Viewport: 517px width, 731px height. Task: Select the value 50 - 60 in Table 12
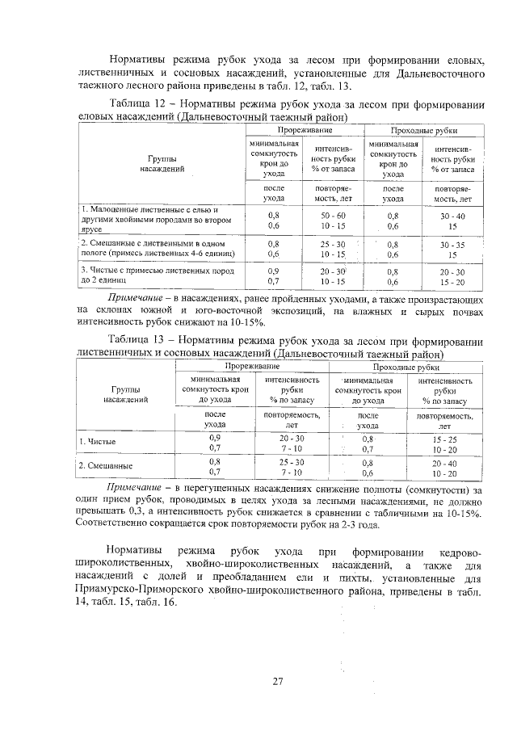(332, 216)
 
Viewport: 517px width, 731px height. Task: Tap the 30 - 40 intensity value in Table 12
(452, 216)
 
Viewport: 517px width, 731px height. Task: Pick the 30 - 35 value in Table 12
(452, 243)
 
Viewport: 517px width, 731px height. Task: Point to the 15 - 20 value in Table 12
(452, 282)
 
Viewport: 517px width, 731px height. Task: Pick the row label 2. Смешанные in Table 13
(106, 467)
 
